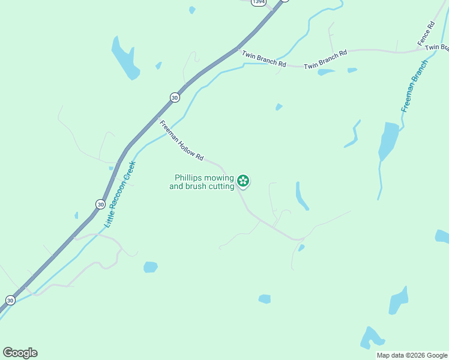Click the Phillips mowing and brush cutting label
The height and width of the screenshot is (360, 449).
(204, 182)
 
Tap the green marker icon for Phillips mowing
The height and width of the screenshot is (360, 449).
(243, 181)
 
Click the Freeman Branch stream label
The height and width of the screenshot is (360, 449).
(415, 86)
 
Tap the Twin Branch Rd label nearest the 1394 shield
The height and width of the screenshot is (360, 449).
(264, 59)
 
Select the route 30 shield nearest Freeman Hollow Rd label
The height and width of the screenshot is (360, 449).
(174, 97)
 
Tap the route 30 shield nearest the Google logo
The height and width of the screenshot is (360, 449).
(10, 299)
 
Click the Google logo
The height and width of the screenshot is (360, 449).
(20, 353)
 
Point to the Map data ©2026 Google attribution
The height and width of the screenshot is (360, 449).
(412, 355)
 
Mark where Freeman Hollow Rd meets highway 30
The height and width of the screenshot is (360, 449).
(157, 117)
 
